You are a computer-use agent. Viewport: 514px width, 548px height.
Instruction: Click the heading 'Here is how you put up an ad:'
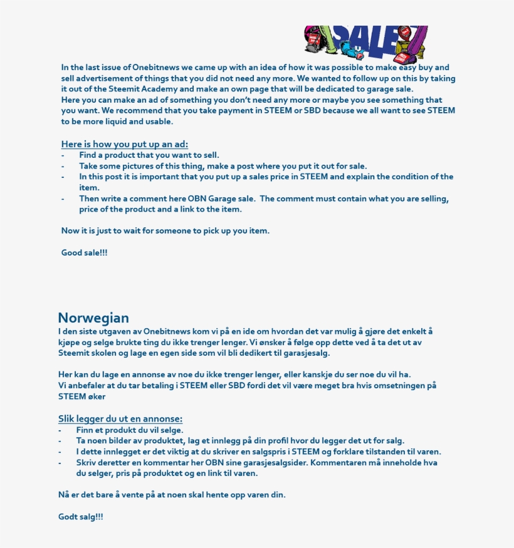point(124,144)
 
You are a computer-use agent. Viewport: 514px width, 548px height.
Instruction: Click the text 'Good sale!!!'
point(84,252)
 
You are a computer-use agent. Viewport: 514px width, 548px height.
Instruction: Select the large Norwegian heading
point(93,318)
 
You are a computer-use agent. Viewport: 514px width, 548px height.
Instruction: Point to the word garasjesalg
point(303,353)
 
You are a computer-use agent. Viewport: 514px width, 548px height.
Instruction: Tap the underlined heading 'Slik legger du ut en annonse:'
point(120,419)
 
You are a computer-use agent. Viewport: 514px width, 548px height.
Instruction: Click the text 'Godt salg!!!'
point(81,517)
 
